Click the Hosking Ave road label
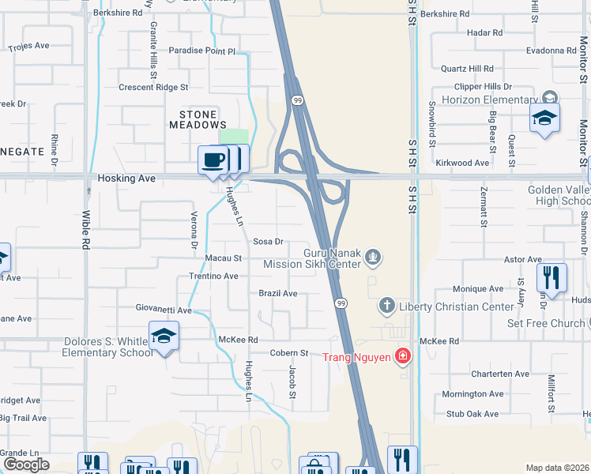click(x=126, y=179)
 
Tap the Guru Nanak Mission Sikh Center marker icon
click(x=375, y=257)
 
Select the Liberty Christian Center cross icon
click(x=386, y=304)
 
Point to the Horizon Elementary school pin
click(x=544, y=118)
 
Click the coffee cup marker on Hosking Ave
click(x=213, y=160)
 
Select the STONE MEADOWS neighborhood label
click(x=198, y=119)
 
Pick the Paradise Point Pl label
click(x=202, y=51)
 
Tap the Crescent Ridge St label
click(x=153, y=87)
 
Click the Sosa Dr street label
click(x=268, y=242)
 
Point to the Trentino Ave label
click(x=213, y=276)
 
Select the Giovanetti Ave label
click(x=163, y=310)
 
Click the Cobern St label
click(x=288, y=353)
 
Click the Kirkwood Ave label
click(x=462, y=163)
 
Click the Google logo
click(x=25, y=465)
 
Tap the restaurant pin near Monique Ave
click(x=551, y=278)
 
